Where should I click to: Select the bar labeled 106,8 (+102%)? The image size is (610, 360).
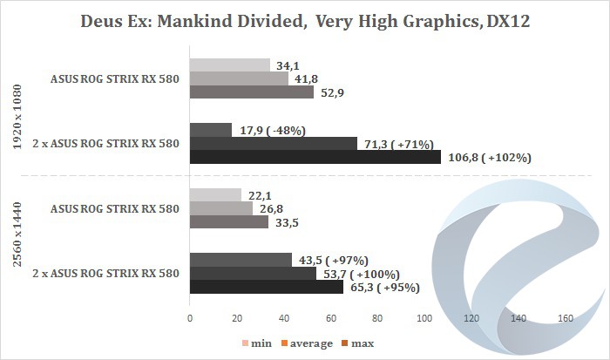coord(315,158)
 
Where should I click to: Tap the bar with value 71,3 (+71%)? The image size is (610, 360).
coord(274,144)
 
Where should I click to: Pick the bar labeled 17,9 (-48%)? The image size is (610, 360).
coord(211,130)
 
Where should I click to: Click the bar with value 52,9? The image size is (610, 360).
coord(252,92)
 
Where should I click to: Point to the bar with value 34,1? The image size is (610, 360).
coord(230,65)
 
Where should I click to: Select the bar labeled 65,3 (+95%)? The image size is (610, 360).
coord(267,287)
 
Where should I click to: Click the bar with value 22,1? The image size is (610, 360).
coord(215,194)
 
